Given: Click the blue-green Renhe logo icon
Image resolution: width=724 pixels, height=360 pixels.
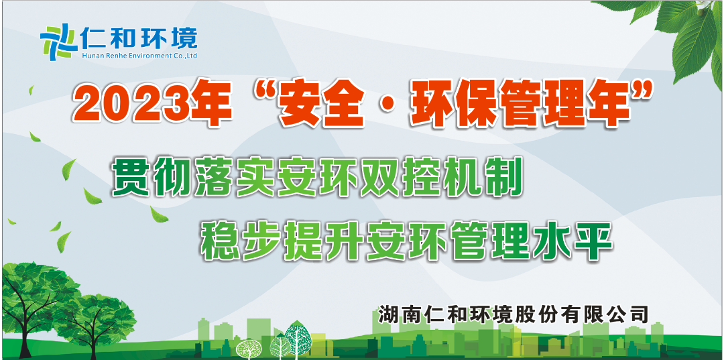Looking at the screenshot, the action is [58, 42].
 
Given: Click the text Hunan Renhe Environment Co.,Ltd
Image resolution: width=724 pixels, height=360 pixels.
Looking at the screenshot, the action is [139, 56].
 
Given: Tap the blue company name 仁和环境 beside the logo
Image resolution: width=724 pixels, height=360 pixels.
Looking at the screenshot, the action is [139, 38].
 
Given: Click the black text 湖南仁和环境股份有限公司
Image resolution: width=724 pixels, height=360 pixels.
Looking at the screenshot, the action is [514, 314].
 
